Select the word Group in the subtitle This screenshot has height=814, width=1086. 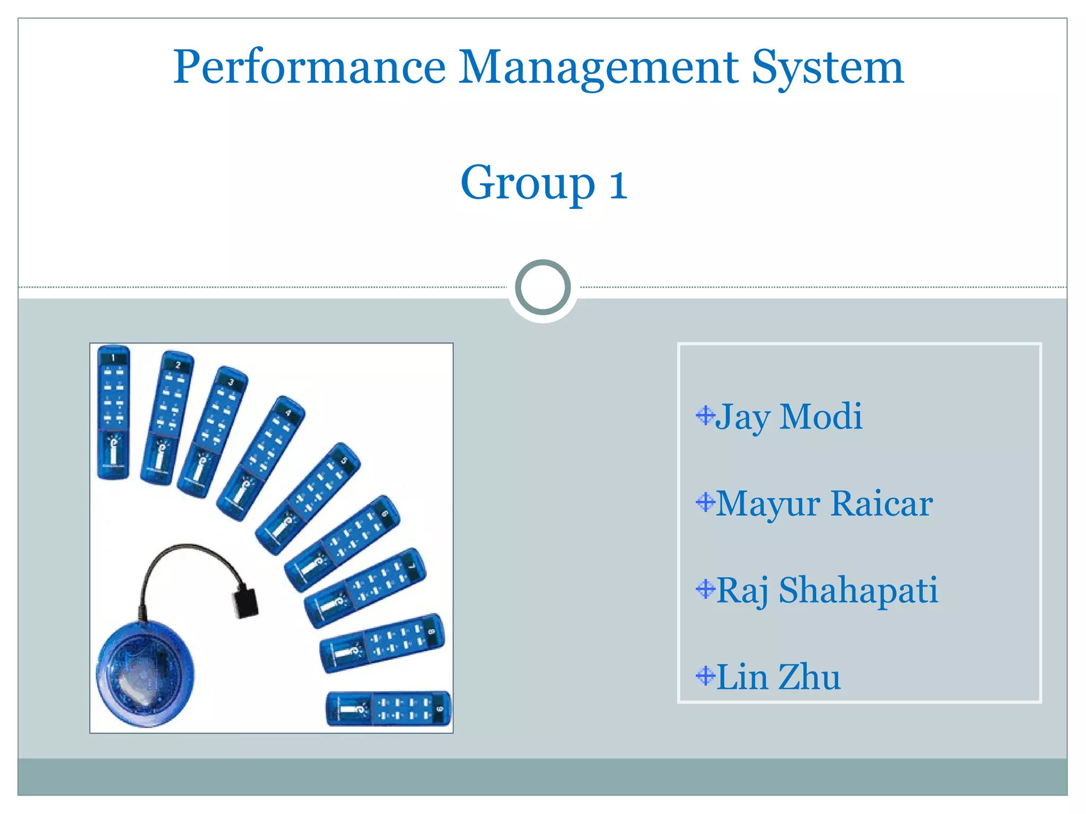coord(528,183)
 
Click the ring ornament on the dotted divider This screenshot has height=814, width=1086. coord(543,287)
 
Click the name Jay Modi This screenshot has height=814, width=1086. coord(789,417)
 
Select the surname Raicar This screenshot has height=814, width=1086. coord(882,503)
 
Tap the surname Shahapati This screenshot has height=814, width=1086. coord(859,590)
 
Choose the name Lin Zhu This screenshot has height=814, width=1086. coord(778,677)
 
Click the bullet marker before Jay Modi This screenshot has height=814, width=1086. coord(705,415)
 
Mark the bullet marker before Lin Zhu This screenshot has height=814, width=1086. coord(705,676)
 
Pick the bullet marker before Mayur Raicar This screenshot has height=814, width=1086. coord(705,502)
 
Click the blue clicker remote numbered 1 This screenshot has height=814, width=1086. coord(113,412)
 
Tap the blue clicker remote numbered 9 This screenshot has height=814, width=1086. coord(389,708)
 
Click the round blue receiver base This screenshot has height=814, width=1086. coord(145,673)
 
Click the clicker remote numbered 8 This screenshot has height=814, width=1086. coord(382,643)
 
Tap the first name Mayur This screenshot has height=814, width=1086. coord(768,503)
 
